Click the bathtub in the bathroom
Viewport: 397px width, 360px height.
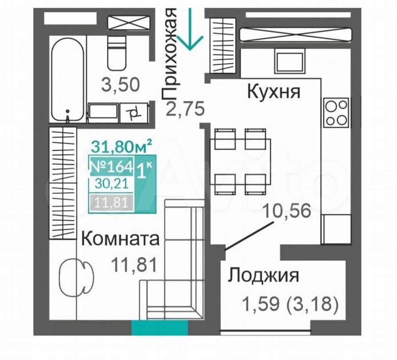point(68,80)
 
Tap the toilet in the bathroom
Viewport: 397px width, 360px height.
point(117,53)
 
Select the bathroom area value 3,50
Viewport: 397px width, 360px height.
point(120,84)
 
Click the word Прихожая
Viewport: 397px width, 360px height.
point(169,54)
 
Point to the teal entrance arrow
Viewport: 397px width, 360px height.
point(190,29)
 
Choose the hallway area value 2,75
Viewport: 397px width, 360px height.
point(185,108)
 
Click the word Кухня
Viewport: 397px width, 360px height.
point(273,91)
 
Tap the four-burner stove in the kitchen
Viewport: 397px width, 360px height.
point(337,112)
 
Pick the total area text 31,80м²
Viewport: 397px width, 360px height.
point(121,146)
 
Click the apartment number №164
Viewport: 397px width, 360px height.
point(112,167)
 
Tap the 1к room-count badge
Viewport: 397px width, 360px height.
point(144,171)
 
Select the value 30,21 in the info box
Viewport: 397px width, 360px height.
point(112,184)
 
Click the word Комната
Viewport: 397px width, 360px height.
point(120,239)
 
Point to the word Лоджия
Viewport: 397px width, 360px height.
point(263,276)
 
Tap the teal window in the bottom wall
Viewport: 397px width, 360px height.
point(160,328)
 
